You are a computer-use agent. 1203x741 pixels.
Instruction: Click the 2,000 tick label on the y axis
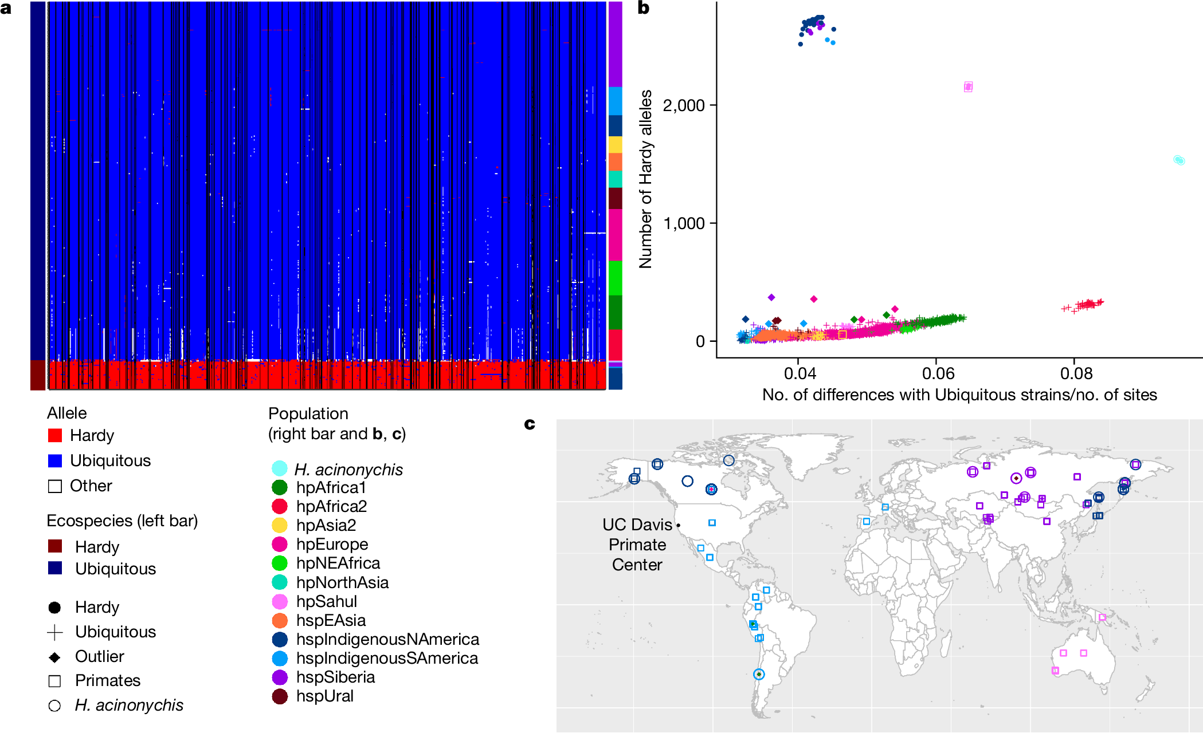point(683,105)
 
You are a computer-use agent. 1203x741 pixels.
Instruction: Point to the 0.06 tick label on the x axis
point(938,373)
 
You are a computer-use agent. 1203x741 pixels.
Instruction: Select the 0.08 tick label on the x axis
point(1076,373)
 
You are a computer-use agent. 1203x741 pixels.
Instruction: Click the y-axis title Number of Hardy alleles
point(646,179)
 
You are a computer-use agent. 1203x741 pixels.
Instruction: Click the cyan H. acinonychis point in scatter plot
point(1178,160)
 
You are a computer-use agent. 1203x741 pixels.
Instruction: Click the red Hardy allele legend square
point(55,435)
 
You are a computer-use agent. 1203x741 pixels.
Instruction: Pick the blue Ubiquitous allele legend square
point(55,460)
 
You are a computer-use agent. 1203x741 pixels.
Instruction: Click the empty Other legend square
point(55,486)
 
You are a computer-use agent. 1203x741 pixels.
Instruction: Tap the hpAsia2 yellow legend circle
point(280,525)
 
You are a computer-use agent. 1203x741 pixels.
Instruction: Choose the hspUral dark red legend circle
point(280,696)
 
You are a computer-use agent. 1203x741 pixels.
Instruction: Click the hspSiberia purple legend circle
point(280,677)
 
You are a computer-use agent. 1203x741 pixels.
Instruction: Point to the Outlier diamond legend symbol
point(55,657)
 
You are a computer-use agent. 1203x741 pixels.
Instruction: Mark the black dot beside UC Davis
point(678,525)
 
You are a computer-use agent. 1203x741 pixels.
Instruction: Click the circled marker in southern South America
point(759,675)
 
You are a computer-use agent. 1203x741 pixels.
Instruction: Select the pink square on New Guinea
point(1102,617)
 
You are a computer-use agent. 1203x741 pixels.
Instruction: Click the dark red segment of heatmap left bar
point(38,375)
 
